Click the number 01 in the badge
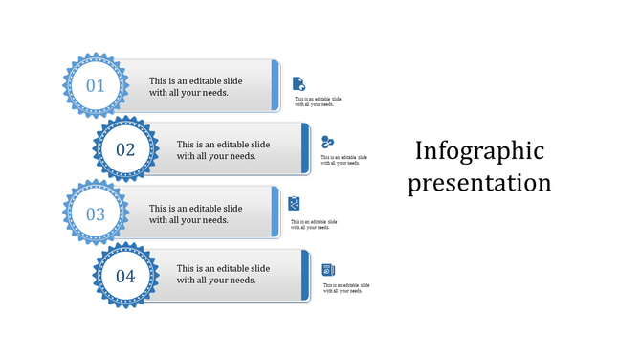pyautogui.click(x=96, y=86)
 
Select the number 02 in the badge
pyautogui.click(x=125, y=149)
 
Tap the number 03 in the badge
pyautogui.click(x=96, y=214)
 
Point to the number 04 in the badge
pyautogui.click(x=125, y=277)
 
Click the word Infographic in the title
pyautogui.click(x=479, y=150)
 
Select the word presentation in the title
pyautogui.click(x=479, y=182)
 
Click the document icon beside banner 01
pyautogui.click(x=299, y=83)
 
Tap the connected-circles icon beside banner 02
pyautogui.click(x=327, y=142)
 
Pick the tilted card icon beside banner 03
pyautogui.click(x=296, y=203)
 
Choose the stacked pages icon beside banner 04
pyautogui.click(x=328, y=270)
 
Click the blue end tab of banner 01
pyautogui.click(x=276, y=86)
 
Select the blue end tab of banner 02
pyautogui.click(x=305, y=148)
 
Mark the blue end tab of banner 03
pyautogui.click(x=276, y=213)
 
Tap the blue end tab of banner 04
pyautogui.click(x=305, y=276)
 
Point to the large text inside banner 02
pyautogui.click(x=224, y=150)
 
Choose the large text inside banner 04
pyautogui.click(x=224, y=274)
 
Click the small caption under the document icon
pyautogui.click(x=318, y=101)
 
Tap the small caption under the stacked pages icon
pyautogui.click(x=346, y=288)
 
